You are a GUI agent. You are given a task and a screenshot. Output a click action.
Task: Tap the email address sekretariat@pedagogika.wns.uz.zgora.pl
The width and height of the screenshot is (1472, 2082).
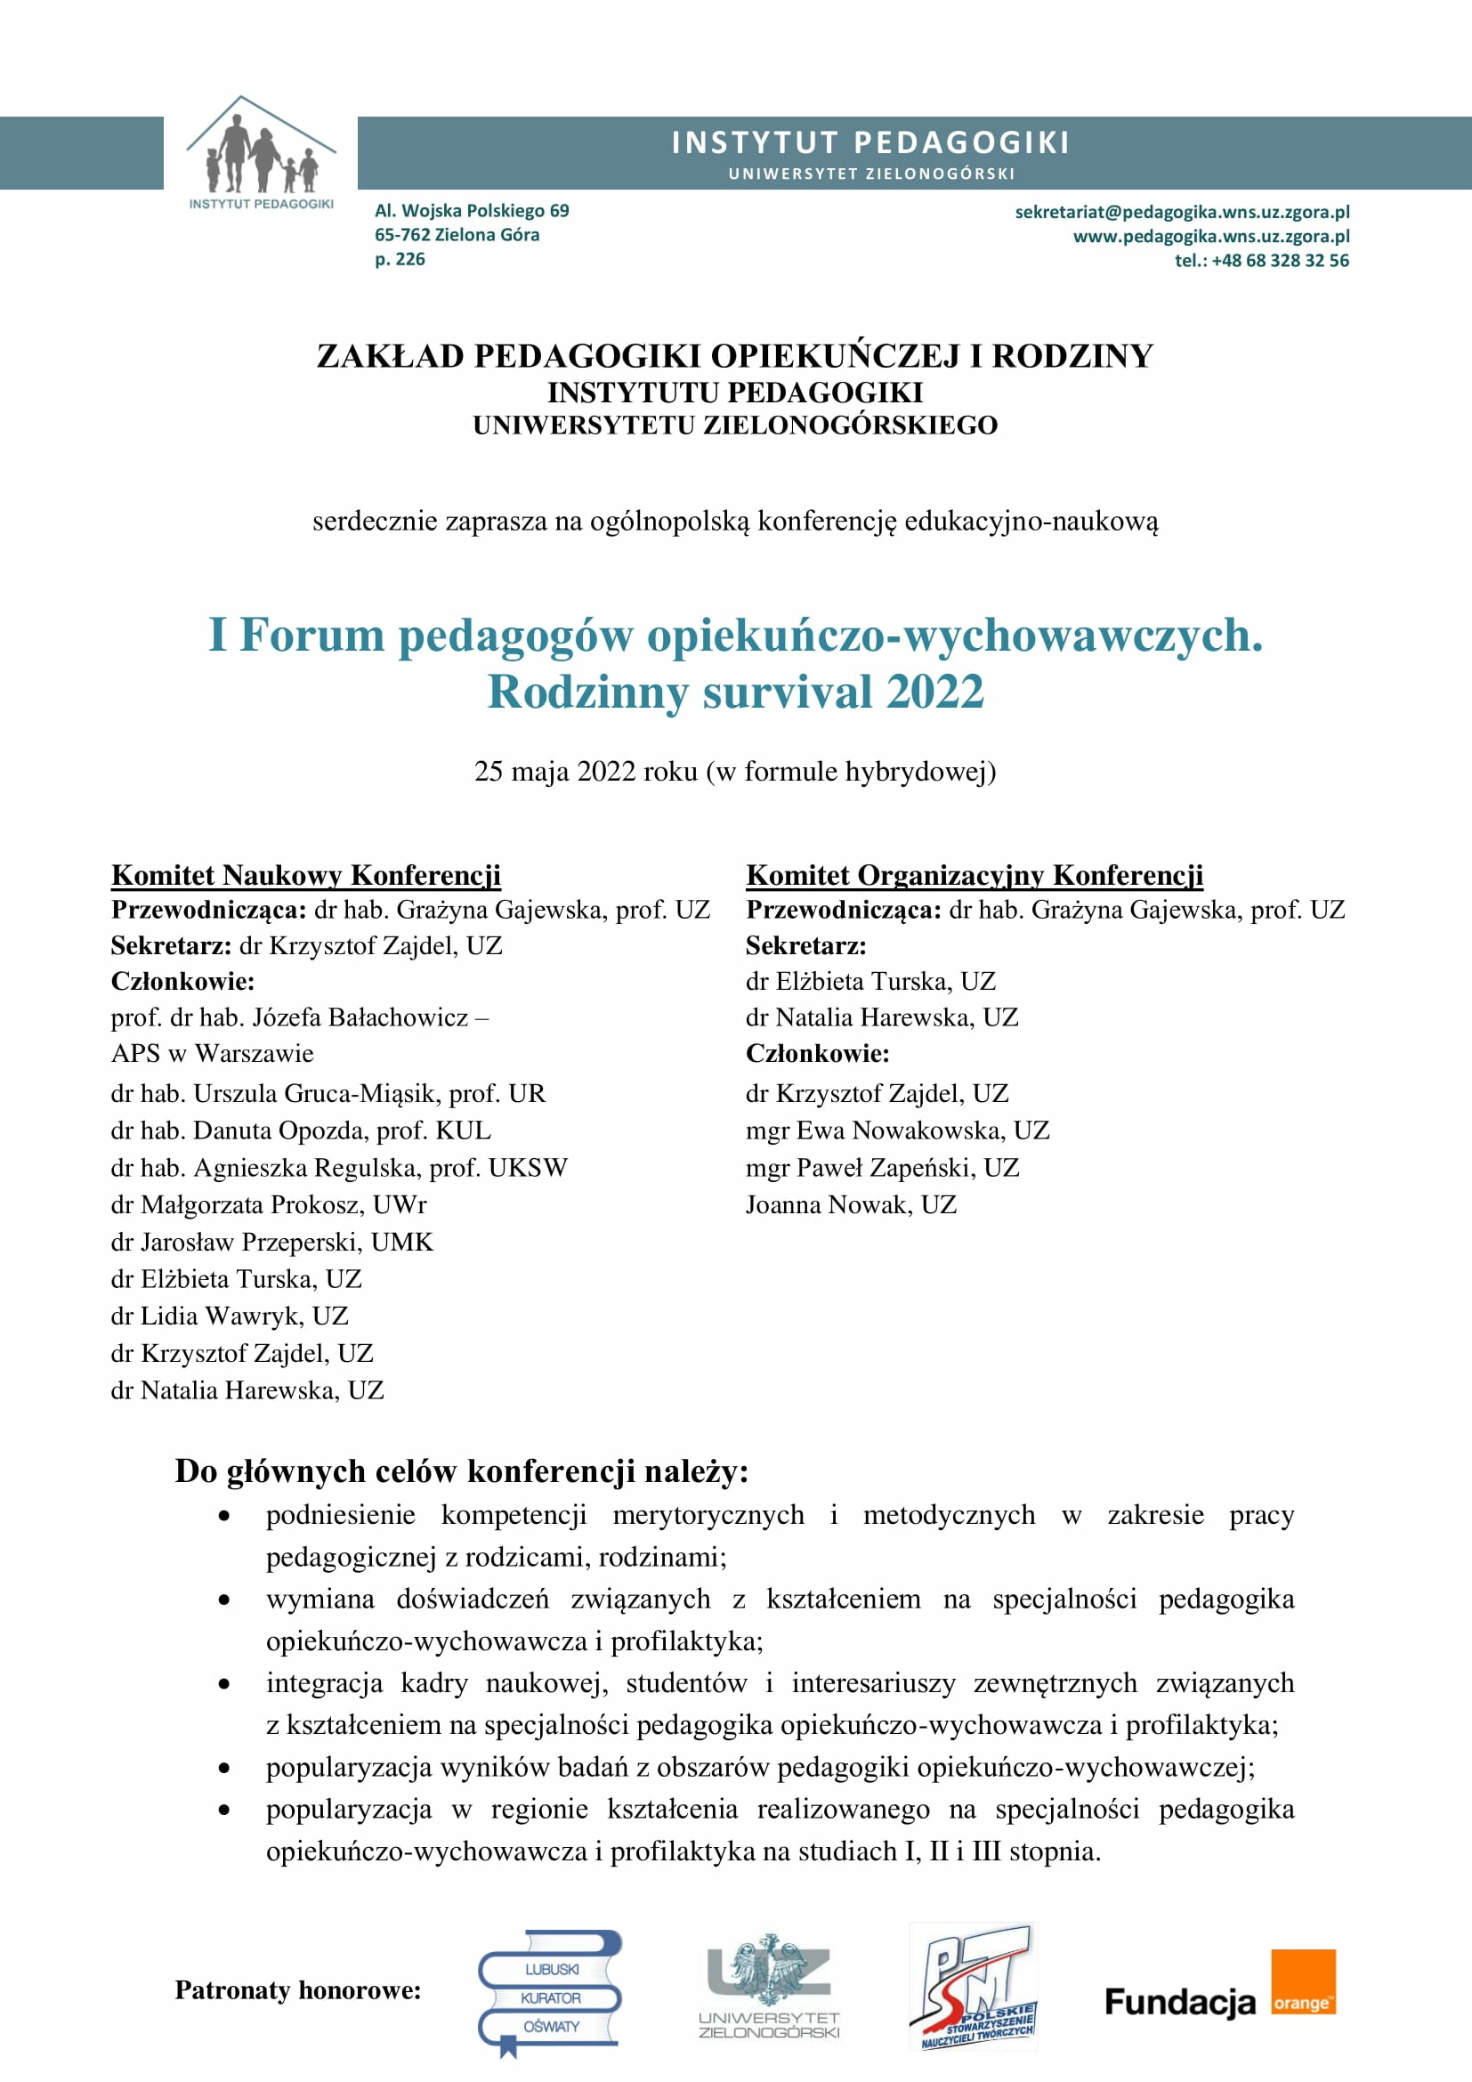coord(1181,212)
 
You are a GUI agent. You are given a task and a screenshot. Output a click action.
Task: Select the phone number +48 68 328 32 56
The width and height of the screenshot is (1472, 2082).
coord(1279,261)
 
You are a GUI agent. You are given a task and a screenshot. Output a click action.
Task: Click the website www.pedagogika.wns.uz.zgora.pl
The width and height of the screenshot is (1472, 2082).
coord(1211,237)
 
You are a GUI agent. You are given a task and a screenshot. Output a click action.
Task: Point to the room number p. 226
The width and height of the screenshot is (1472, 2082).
coord(400,259)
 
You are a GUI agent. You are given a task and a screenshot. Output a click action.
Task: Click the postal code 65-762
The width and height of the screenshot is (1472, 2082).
coord(402,235)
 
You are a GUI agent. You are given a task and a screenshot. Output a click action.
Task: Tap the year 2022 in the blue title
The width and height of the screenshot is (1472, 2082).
coord(934,692)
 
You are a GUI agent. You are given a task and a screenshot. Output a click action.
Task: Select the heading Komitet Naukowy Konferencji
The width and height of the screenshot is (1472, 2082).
coord(305,875)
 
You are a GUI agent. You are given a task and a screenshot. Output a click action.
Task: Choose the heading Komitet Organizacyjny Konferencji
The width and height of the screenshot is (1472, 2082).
coord(975,875)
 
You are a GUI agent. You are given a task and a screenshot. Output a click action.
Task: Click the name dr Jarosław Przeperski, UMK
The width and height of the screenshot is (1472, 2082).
coord(272,1242)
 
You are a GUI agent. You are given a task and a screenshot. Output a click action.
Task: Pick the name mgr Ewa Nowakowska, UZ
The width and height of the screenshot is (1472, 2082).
coord(896,1130)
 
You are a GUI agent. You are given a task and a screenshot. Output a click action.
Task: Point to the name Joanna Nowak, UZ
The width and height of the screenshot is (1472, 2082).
coord(850,1204)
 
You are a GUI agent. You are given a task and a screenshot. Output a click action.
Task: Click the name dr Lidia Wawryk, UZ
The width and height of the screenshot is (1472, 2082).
coord(230,1316)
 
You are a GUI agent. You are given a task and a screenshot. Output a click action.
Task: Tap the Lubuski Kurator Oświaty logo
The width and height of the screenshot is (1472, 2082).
coord(549,1997)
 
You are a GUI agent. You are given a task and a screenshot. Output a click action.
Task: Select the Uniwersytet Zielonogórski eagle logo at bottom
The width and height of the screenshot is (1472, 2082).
coord(769,1987)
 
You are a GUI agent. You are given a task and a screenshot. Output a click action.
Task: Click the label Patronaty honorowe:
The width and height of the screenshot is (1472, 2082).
coord(298,1990)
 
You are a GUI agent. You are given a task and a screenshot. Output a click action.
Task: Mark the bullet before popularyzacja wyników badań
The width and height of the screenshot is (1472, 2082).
coord(224,1768)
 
